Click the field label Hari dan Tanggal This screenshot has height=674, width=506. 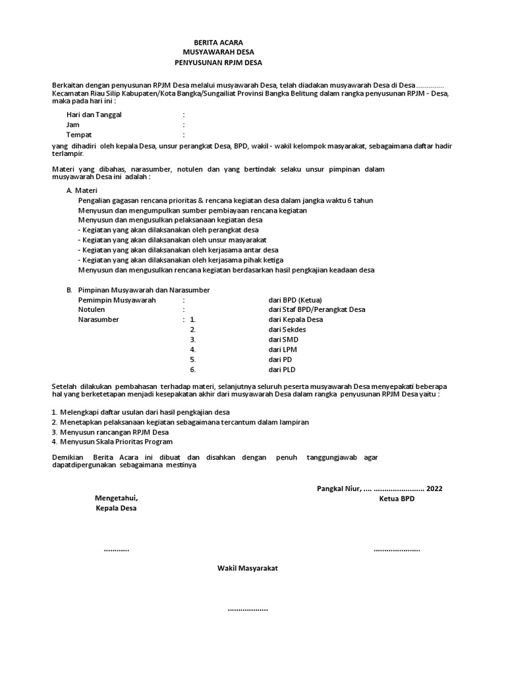click(x=94, y=115)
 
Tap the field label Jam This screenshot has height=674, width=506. click(x=72, y=124)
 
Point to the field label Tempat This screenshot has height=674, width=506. click(x=78, y=134)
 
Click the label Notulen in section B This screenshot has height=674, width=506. click(x=92, y=309)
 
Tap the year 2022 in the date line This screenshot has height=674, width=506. click(x=434, y=488)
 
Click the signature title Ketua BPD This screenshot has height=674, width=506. click(x=397, y=499)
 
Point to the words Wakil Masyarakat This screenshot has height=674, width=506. click(x=248, y=567)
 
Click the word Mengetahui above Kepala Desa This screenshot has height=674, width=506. click(x=117, y=498)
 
